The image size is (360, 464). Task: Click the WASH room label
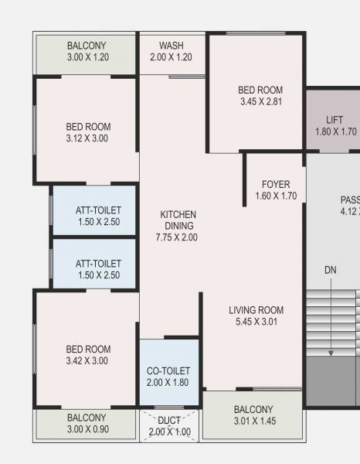click(172, 46)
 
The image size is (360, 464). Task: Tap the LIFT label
click(335, 120)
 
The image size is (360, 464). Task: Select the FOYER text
click(276, 185)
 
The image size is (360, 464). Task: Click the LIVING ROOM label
click(256, 310)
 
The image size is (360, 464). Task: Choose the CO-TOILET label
click(168, 371)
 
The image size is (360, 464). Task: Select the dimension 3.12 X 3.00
click(88, 138)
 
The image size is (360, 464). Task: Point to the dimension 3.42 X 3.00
click(88, 360)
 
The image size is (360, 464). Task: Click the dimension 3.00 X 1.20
click(87, 58)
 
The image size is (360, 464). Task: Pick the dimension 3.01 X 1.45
click(253, 421)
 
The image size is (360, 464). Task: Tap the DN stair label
click(331, 270)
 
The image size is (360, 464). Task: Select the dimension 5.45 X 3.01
click(256, 322)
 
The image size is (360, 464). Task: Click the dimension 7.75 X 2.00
click(178, 237)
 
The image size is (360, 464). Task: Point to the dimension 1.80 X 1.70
click(335, 131)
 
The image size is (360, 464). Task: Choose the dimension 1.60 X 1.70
click(276, 196)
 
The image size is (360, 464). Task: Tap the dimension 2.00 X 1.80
click(168, 383)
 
